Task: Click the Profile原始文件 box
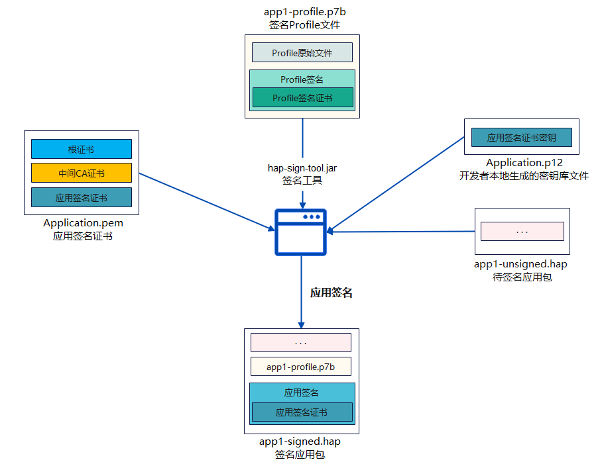click(302, 52)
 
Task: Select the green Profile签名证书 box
click(302, 98)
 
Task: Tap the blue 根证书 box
click(82, 149)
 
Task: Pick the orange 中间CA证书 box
click(82, 173)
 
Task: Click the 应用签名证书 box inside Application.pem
click(82, 197)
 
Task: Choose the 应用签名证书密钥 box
click(521, 138)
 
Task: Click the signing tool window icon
click(301, 232)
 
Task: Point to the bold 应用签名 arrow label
click(331, 293)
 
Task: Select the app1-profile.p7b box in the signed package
click(300, 367)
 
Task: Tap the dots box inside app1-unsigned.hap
click(522, 231)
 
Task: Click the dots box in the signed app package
click(300, 342)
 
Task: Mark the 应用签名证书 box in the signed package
click(302, 412)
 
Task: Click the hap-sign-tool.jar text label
click(302, 167)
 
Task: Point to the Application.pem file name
click(83, 223)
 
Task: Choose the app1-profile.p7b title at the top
click(302, 12)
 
